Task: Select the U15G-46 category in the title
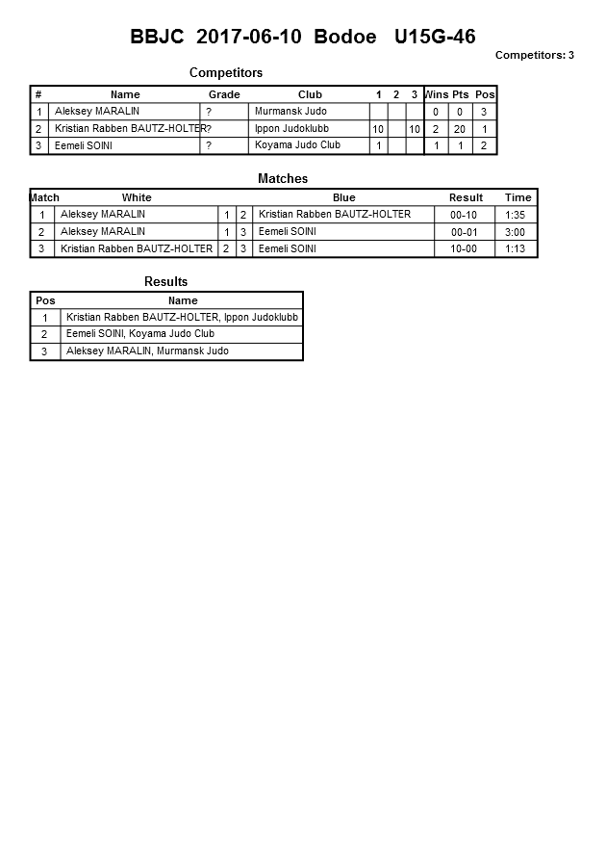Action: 434,38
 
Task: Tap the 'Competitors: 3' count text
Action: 534,55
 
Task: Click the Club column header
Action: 310,94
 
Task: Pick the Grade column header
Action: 224,94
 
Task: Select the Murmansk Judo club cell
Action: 290,112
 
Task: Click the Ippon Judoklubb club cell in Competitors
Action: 293,128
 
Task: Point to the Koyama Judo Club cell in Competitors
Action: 297,145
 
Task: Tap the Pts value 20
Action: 460,129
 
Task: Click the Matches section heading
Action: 283,179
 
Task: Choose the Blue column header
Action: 343,197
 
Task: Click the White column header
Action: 137,197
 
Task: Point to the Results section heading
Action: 165,282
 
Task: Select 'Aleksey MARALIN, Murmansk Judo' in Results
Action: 147,351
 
